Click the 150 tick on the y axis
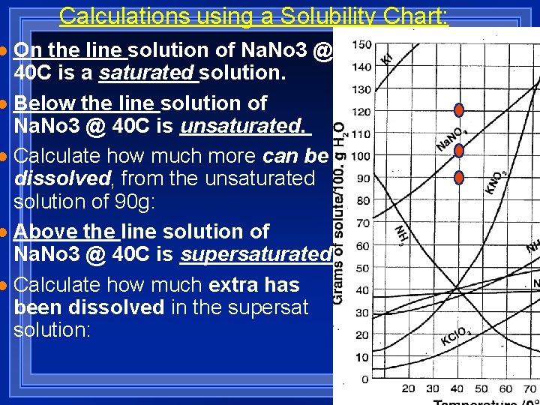pyautogui.click(x=361, y=45)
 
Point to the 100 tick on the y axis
pyautogui.click(x=361, y=156)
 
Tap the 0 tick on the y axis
pyautogui.click(x=365, y=379)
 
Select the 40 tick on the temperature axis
pyautogui.click(x=457, y=389)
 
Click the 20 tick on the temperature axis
pyautogui.click(x=408, y=389)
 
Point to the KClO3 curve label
pyautogui.click(x=456, y=335)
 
